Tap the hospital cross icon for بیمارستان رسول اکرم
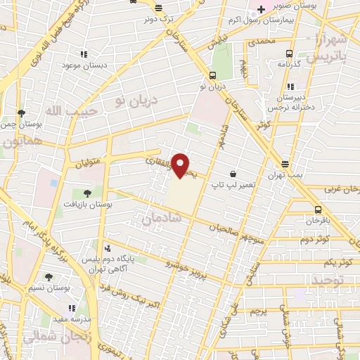point(260,9)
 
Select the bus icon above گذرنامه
point(289,53)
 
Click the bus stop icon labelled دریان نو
point(212,75)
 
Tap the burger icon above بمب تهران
point(284,163)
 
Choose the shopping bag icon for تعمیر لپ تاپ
point(232,174)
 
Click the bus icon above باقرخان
point(318,209)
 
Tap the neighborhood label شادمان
point(161,219)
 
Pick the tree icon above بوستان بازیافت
point(87,193)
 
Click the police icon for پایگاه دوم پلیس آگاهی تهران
point(107,248)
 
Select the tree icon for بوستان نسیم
point(48,278)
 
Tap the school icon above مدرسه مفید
point(71,308)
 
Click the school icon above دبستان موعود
point(83,53)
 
